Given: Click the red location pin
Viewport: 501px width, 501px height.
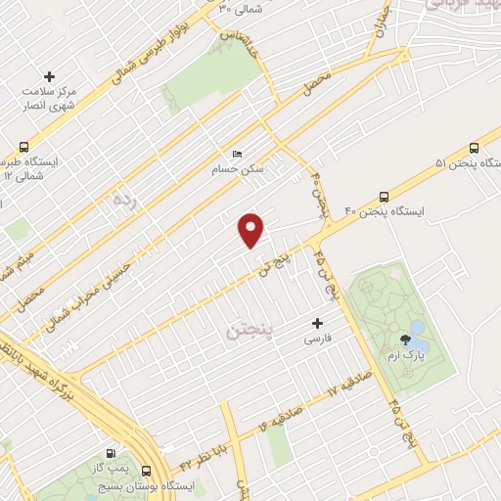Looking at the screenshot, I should pos(251,229).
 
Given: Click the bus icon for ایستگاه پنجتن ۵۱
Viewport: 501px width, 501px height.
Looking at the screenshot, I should pos(474,148).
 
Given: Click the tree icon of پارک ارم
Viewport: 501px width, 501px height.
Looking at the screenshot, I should pos(404,341).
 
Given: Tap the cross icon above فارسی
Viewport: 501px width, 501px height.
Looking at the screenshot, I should pos(315,323).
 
